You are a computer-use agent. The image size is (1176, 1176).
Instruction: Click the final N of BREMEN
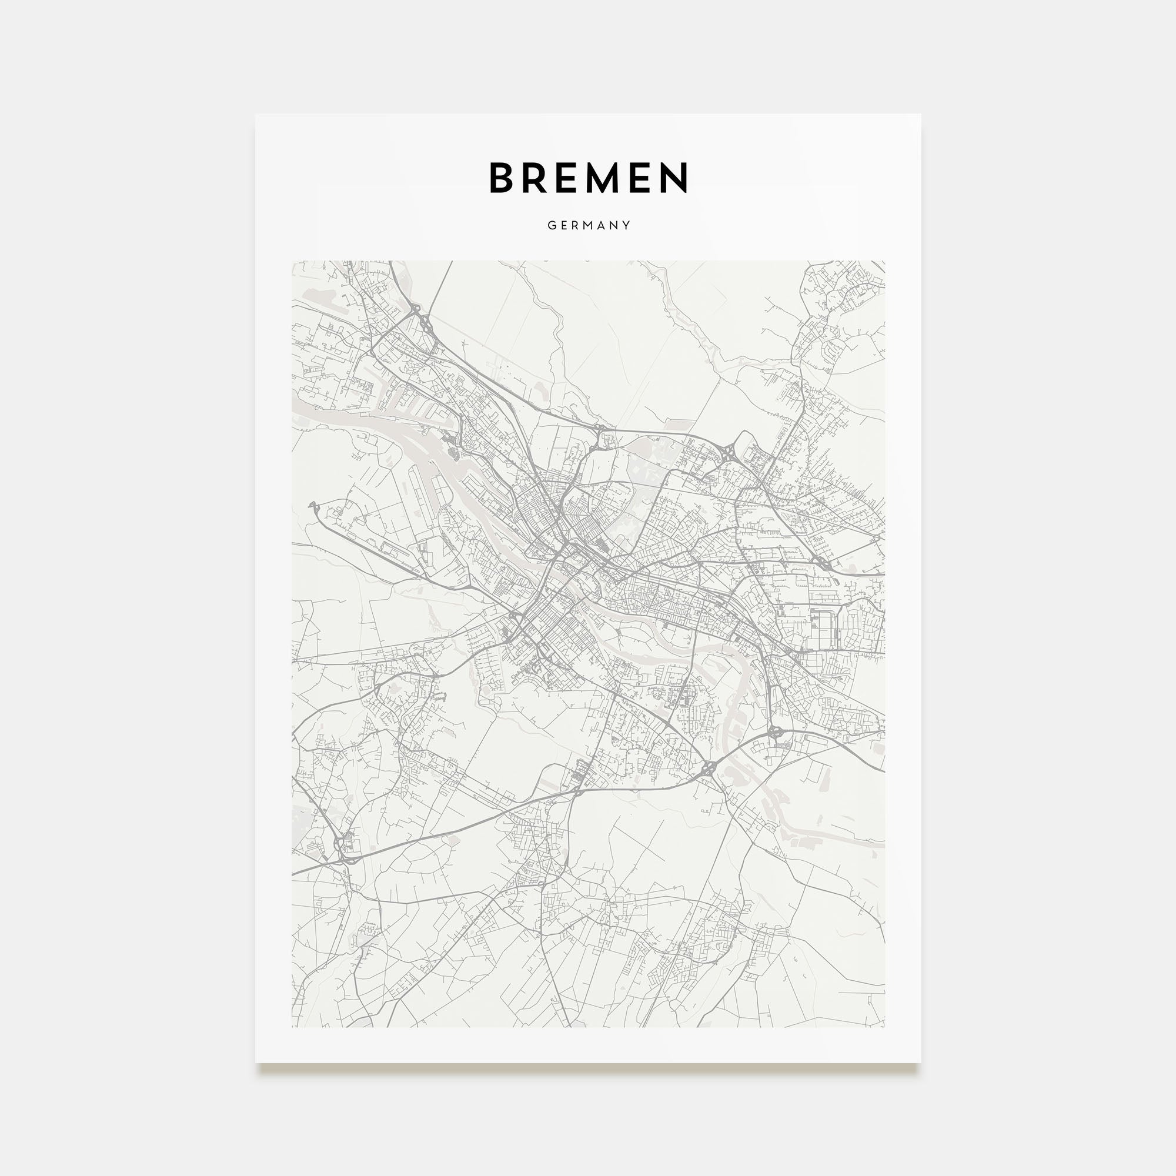pos(676,178)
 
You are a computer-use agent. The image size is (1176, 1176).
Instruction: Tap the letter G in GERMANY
pos(552,225)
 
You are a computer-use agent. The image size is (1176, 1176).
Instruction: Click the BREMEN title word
pos(589,178)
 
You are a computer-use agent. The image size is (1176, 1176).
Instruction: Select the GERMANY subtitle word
pos(589,225)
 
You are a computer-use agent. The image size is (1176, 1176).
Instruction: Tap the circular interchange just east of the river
pos(776,732)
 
